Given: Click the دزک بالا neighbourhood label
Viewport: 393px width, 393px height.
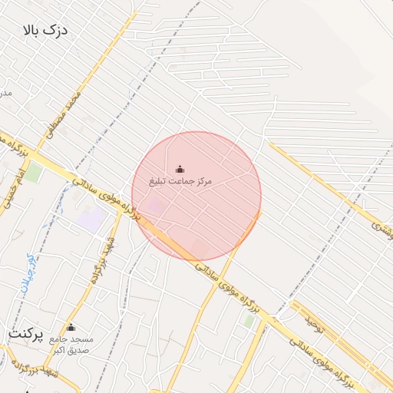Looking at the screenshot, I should click(x=46, y=31).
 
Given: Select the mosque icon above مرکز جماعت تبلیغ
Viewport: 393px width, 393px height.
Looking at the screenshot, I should click(x=180, y=169).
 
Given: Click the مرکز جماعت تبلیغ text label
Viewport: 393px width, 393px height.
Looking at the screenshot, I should click(x=182, y=181).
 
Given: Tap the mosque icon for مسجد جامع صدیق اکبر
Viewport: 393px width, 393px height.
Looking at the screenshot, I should click(x=71, y=327).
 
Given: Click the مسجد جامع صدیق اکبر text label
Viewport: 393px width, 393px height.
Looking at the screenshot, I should click(x=71, y=343).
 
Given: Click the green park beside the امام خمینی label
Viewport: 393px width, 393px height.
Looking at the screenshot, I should click(x=35, y=173).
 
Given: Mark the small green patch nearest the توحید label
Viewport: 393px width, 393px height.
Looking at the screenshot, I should click(x=249, y=321).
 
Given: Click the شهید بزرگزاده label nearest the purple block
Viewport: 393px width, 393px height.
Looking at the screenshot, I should click(x=104, y=259).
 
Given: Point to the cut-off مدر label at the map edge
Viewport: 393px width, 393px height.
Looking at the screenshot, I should click(x=5, y=92).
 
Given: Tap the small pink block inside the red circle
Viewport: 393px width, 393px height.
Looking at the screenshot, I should click(x=156, y=205).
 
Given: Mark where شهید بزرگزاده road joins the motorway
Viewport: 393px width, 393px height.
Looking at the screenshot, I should click(x=121, y=213).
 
